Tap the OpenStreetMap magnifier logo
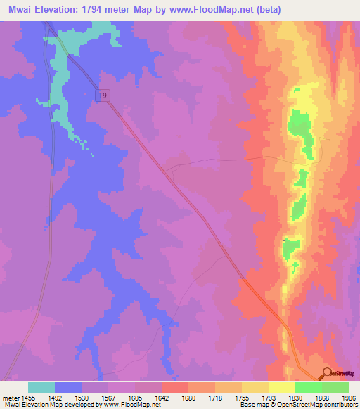pos(327,373)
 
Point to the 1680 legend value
pos(188,396)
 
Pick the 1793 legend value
pos(267,396)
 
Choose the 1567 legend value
pos(108,396)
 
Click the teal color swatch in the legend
pos(41,387)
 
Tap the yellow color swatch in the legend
pos(281,387)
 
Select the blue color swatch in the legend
pos(68,387)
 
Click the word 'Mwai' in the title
pos(17,10)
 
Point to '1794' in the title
pos(100,10)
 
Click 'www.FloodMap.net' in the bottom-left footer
pos(132,405)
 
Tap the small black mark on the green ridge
pos(283,241)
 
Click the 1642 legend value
pos(161,396)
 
